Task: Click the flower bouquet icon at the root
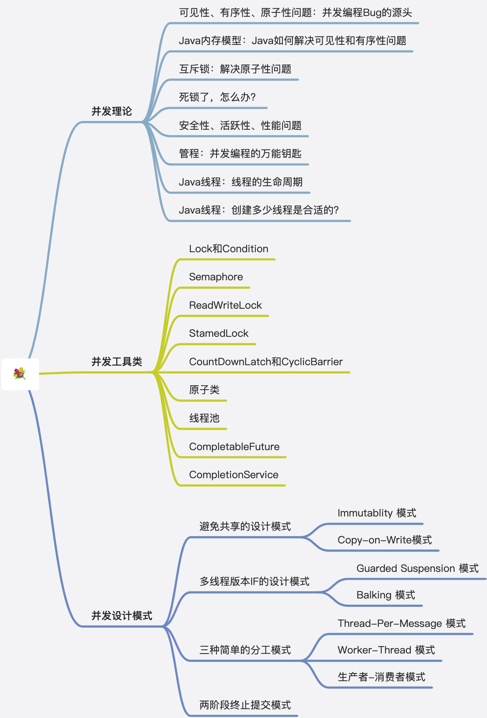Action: click(20, 374)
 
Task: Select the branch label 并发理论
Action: click(112, 111)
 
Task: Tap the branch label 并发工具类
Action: click(117, 362)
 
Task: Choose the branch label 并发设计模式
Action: click(122, 616)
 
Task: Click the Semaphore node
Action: click(216, 277)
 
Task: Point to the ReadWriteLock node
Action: click(225, 305)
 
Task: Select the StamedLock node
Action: click(219, 333)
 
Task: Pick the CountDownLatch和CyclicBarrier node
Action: click(266, 362)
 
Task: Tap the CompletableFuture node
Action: click(234, 446)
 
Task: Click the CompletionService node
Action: click(234, 475)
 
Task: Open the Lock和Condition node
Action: click(229, 249)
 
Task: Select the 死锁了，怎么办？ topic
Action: click(217, 97)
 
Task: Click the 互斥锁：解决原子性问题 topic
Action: click(235, 69)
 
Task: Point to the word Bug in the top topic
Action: click(372, 13)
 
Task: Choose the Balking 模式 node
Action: click(386, 595)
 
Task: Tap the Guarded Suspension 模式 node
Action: click(417, 568)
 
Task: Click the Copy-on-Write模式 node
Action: click(385, 540)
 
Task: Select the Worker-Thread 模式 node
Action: click(386, 650)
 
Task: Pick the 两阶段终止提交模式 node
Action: click(245, 705)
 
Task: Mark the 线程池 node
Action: click(204, 418)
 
